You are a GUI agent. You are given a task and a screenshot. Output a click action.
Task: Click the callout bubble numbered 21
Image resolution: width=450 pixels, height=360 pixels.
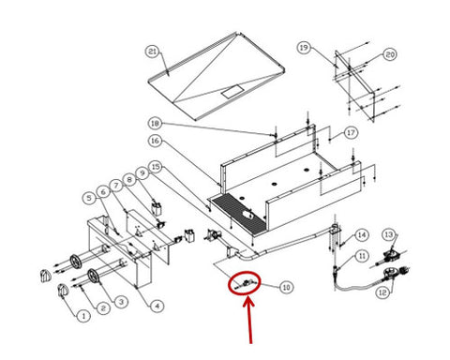point(153,52)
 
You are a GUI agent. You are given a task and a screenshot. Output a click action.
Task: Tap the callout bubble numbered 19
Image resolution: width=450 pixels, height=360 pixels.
point(304,48)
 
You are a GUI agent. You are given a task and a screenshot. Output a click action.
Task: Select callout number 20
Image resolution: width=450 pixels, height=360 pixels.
point(390,54)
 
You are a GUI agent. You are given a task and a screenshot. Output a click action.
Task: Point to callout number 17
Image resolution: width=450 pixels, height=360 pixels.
point(351,133)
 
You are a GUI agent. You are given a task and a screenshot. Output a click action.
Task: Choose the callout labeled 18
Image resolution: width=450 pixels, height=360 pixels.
point(155,124)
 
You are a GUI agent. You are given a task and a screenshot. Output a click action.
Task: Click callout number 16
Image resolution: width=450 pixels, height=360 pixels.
point(156,141)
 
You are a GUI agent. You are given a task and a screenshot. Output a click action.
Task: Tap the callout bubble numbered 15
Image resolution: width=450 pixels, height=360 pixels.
point(156,167)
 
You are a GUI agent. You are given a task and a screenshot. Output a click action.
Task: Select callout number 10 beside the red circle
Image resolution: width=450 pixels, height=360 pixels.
point(286,287)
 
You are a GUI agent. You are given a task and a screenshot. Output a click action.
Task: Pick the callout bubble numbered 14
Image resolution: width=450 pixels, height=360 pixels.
point(362,234)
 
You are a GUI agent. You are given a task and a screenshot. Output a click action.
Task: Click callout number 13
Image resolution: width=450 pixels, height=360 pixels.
point(389,234)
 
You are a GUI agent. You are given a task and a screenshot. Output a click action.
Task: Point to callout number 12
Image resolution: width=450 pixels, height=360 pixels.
point(382,292)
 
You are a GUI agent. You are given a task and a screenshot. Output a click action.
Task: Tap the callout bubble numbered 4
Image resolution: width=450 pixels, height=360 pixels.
point(157,306)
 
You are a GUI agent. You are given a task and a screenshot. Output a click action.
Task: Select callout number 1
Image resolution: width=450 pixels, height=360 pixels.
point(83,316)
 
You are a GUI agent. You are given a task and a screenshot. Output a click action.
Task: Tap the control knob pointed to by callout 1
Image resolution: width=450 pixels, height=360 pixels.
point(64,292)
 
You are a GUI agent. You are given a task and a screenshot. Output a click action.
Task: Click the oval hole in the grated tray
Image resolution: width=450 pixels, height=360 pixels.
point(247,214)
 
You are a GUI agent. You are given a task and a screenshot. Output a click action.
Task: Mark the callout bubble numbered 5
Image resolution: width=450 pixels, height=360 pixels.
point(89,198)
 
